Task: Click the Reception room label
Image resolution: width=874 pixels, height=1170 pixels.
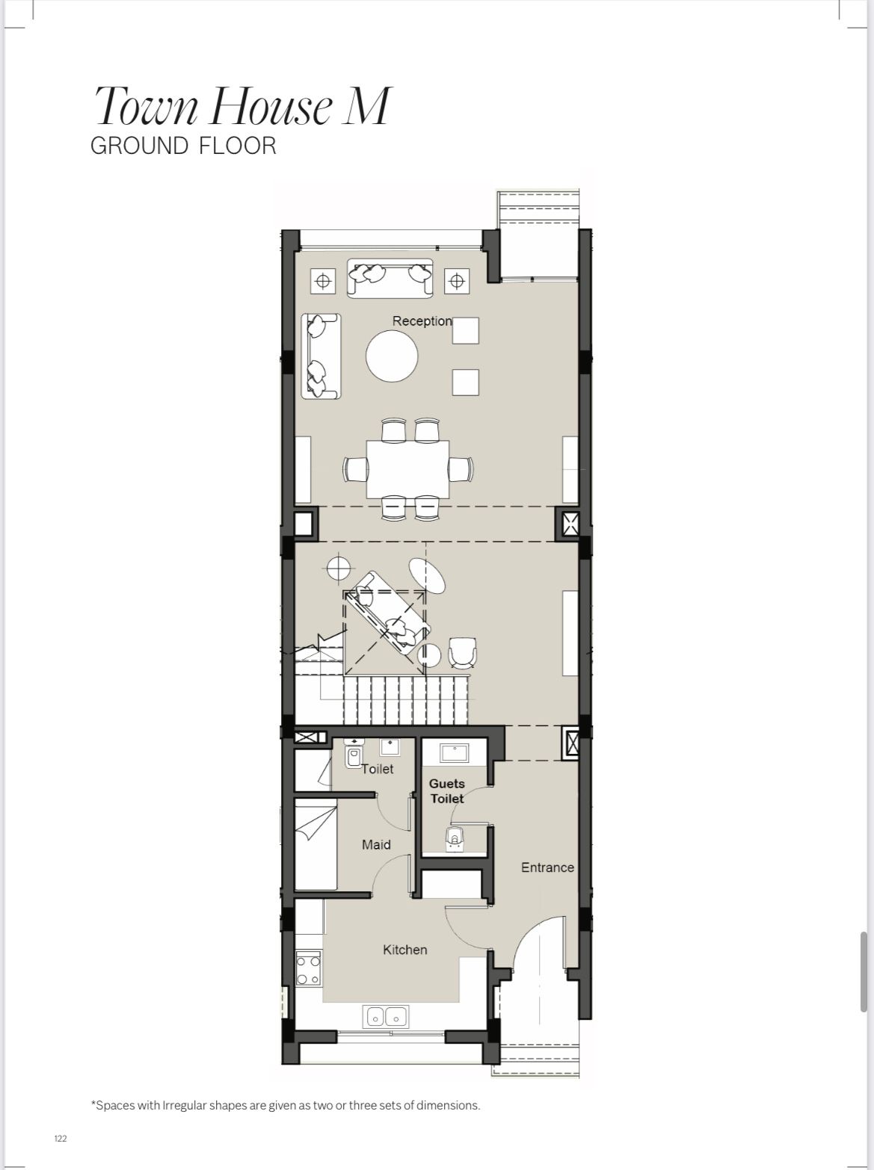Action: click(422, 321)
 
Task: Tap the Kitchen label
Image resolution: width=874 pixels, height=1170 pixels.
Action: click(404, 950)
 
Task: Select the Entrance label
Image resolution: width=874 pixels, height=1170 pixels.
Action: click(547, 867)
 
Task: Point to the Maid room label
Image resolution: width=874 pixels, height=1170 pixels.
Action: click(376, 844)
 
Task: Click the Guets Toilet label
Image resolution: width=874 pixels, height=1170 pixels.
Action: click(447, 791)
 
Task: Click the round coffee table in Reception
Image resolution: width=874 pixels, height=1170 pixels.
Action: click(392, 356)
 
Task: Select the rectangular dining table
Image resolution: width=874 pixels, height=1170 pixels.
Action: click(407, 469)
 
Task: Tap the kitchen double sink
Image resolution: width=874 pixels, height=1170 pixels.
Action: click(386, 1017)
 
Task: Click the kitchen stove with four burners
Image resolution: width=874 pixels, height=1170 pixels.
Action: click(308, 969)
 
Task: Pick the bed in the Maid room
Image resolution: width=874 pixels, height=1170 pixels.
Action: click(316, 844)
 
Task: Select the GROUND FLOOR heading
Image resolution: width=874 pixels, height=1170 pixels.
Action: click(183, 146)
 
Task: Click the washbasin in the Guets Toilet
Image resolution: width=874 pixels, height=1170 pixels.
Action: click(454, 753)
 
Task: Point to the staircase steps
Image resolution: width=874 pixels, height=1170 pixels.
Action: click(405, 700)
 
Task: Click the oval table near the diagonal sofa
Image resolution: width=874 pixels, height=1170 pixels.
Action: click(427, 576)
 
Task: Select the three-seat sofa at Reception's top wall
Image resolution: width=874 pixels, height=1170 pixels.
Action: click(390, 278)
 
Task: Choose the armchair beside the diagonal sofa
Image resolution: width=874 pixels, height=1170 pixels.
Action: click(462, 652)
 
